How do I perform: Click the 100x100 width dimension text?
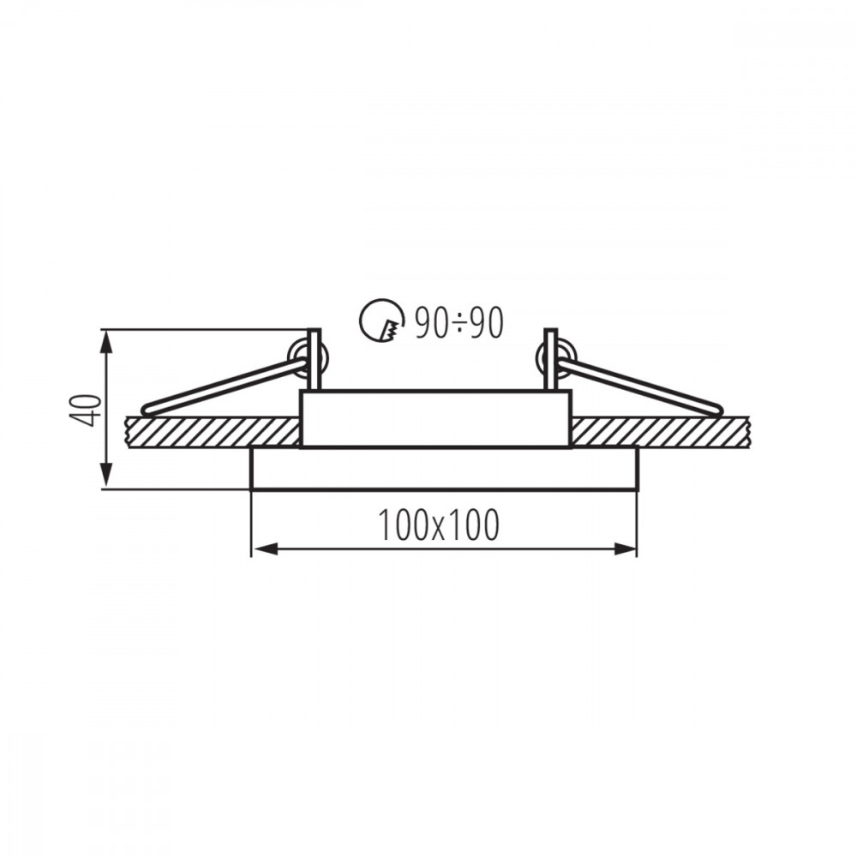438,524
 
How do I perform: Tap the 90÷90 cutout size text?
459,322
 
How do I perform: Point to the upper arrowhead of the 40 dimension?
107,342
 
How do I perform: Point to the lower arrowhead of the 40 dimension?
107,476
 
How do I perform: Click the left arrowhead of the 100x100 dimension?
264,548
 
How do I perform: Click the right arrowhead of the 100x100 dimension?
624,548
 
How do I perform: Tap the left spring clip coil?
309,359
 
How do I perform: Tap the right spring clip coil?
556,359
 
